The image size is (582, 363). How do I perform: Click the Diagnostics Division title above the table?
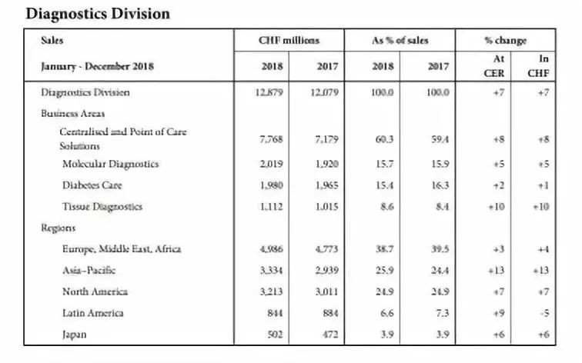[98, 14]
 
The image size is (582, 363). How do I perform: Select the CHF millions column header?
[288, 40]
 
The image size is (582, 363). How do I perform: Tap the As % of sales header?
[400, 40]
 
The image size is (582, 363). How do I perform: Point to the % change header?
[505, 40]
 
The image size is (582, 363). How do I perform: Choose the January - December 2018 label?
[97, 66]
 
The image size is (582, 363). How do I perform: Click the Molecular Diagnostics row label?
[111, 164]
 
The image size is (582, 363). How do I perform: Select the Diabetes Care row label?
[92, 185]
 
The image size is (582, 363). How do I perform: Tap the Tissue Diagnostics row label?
[102, 206]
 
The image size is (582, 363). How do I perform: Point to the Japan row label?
[75, 334]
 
